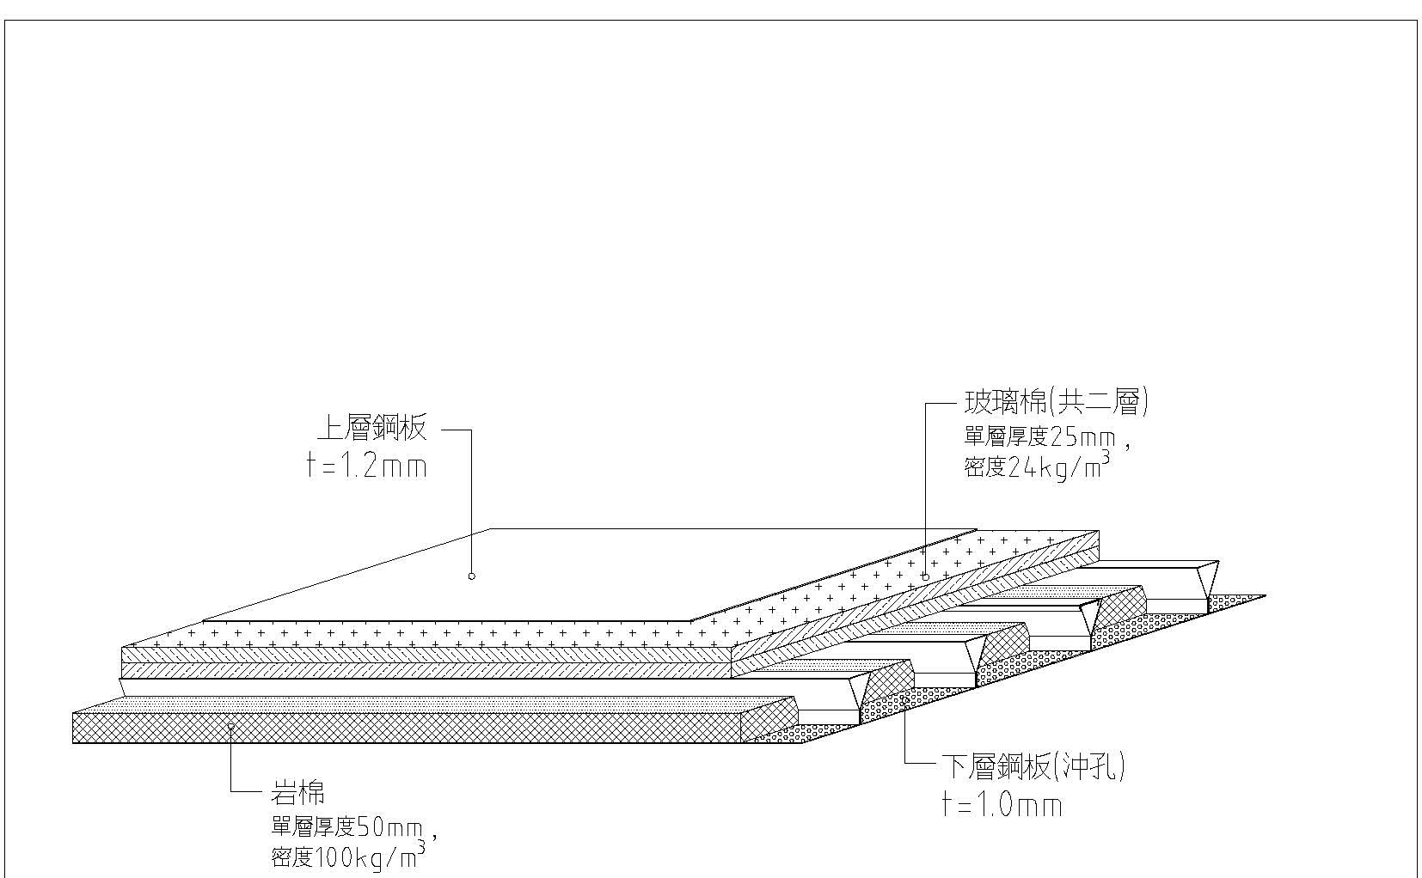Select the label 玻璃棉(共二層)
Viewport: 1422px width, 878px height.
click(1055, 401)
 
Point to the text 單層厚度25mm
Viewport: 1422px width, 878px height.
click(1039, 437)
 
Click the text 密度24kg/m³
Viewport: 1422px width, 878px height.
click(1036, 468)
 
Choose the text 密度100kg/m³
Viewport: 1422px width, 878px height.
click(345, 857)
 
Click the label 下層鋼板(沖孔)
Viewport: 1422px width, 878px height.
click(1033, 765)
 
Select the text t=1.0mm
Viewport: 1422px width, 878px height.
click(1002, 805)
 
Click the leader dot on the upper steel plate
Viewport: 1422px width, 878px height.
click(471, 576)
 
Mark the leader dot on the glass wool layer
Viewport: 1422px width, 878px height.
click(925, 576)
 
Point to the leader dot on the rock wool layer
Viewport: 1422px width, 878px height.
click(230, 726)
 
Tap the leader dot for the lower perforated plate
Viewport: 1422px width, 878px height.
click(905, 700)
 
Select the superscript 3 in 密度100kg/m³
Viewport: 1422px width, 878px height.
click(421, 847)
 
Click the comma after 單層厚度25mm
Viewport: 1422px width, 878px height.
click(1126, 445)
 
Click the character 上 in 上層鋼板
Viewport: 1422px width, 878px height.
click(330, 428)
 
